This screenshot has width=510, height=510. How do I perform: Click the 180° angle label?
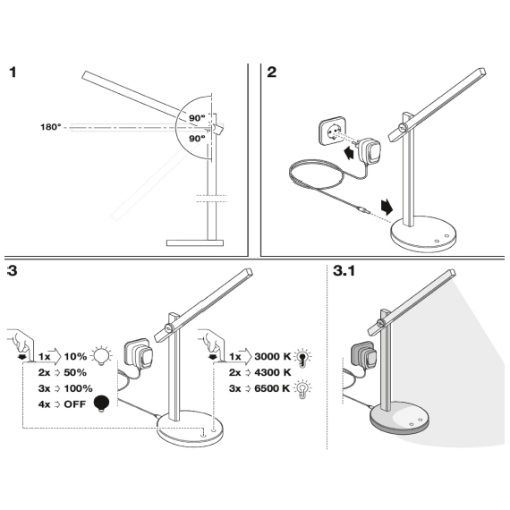(x=50, y=127)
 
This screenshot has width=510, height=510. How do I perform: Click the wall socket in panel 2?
(x=333, y=132)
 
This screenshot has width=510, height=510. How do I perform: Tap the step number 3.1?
(x=344, y=270)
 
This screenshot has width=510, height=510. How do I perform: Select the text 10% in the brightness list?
(x=75, y=356)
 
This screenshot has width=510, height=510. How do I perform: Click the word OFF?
(x=75, y=404)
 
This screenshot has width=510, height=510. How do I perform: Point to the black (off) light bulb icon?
(x=101, y=404)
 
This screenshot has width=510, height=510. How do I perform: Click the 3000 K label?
(x=273, y=356)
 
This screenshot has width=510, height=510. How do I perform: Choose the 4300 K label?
(x=273, y=372)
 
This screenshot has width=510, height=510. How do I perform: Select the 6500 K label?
(x=272, y=388)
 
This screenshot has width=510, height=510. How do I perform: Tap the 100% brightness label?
(x=78, y=388)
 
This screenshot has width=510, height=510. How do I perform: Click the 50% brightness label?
(x=75, y=372)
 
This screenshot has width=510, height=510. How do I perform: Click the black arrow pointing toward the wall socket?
(x=349, y=152)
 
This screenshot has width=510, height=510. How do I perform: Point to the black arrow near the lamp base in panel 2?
(x=387, y=208)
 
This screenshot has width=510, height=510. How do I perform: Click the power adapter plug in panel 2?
(x=370, y=150)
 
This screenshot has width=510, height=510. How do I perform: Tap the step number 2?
(x=272, y=72)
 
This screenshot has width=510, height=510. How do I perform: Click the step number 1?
(x=13, y=72)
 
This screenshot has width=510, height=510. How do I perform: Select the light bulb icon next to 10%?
(x=101, y=355)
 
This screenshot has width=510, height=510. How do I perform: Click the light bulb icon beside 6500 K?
(x=302, y=388)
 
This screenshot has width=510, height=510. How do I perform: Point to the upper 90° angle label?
(x=197, y=118)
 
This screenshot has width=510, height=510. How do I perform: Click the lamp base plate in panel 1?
(x=195, y=242)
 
